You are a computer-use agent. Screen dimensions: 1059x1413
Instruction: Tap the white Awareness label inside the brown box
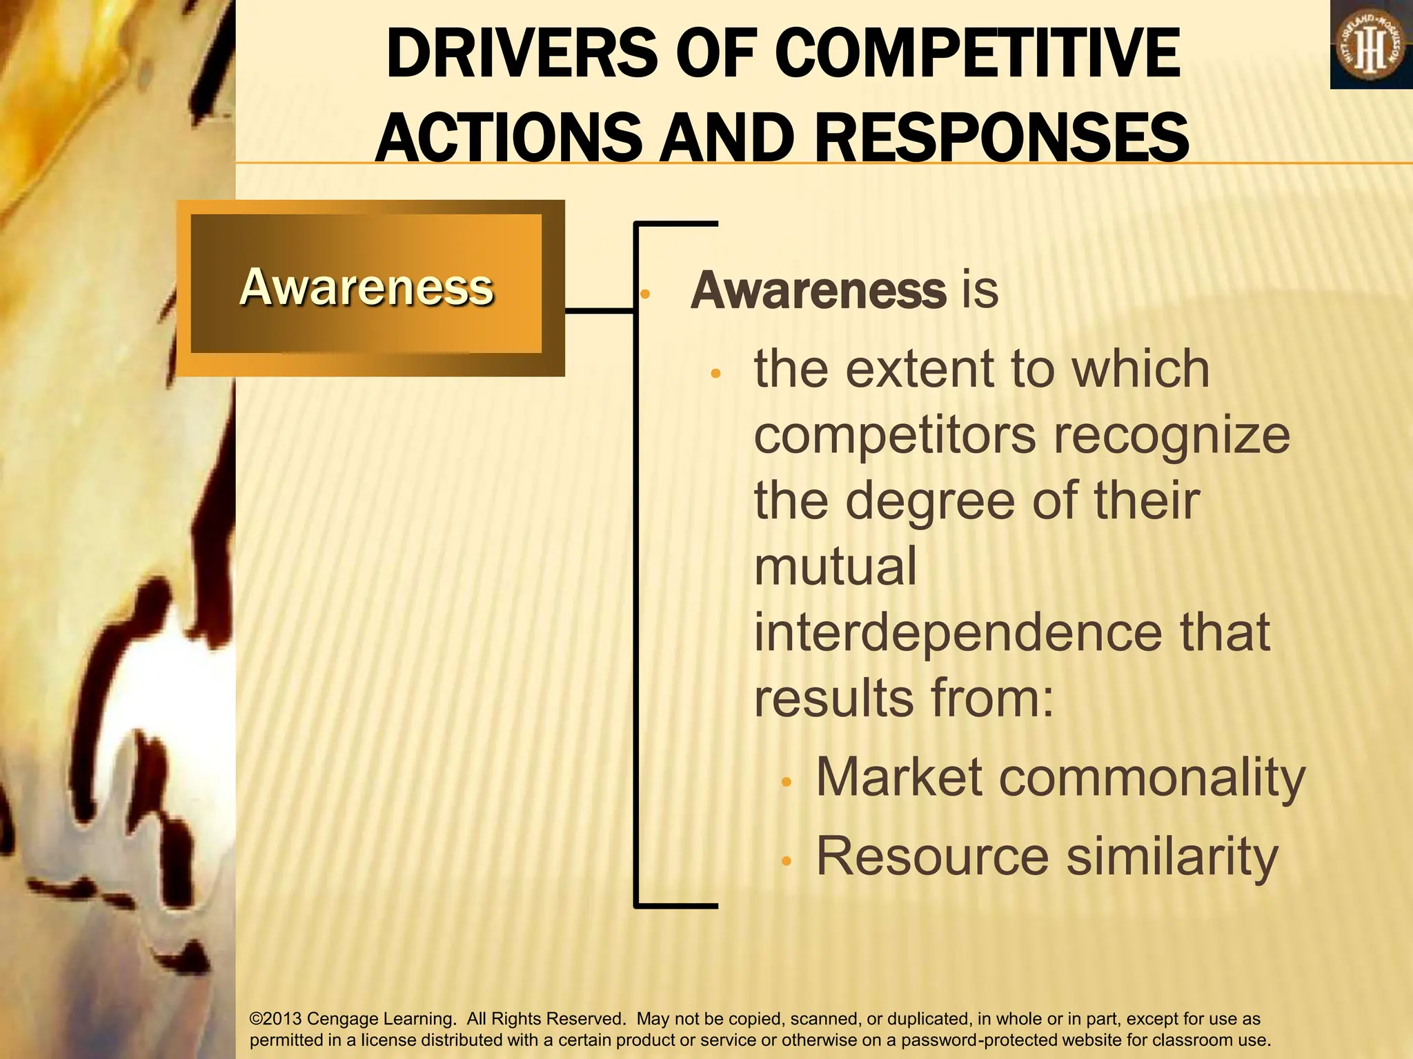[366, 287]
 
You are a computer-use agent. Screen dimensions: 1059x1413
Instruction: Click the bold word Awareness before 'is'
[818, 290]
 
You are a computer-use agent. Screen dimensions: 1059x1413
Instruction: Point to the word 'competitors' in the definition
[895, 436]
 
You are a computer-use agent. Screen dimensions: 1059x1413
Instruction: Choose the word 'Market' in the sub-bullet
[899, 778]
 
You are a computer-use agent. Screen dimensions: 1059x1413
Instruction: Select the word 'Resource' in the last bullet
[932, 856]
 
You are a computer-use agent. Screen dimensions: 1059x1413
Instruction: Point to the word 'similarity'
[1172, 856]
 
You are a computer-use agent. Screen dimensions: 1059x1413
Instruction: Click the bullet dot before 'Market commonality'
[786, 783]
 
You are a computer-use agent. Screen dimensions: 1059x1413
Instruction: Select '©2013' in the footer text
[275, 1019]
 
